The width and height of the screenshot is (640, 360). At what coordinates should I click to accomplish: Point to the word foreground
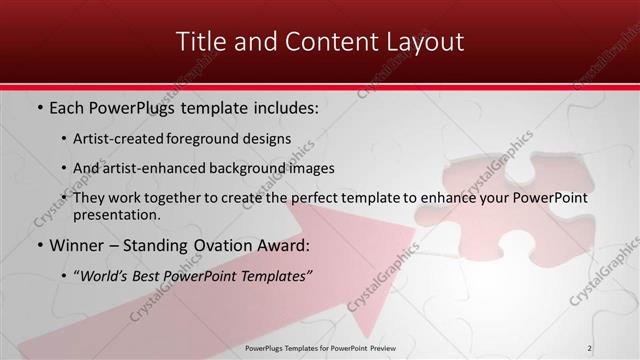tap(205, 139)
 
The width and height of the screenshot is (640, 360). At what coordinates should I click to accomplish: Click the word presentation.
tap(115, 214)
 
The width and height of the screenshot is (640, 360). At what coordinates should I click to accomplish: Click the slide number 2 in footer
tap(591, 347)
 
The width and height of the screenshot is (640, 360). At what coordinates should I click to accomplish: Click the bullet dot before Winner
tap(39, 245)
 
